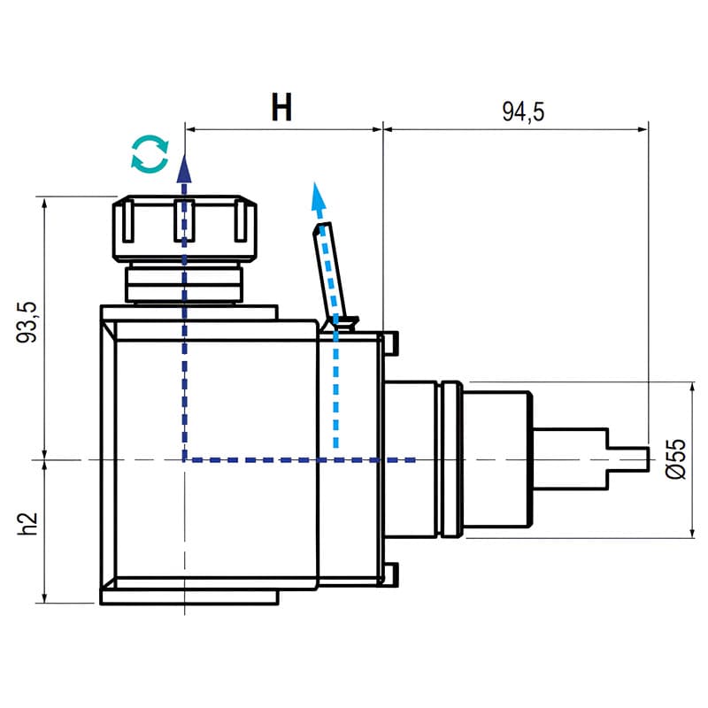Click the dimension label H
(281, 108)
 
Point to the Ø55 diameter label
(676, 458)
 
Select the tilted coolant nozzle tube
(329, 265)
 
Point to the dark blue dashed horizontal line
(301, 459)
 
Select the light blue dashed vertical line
(336, 389)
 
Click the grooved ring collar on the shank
(449, 459)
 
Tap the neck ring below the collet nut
(184, 283)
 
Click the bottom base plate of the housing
(189, 597)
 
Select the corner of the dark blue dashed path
(184, 459)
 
